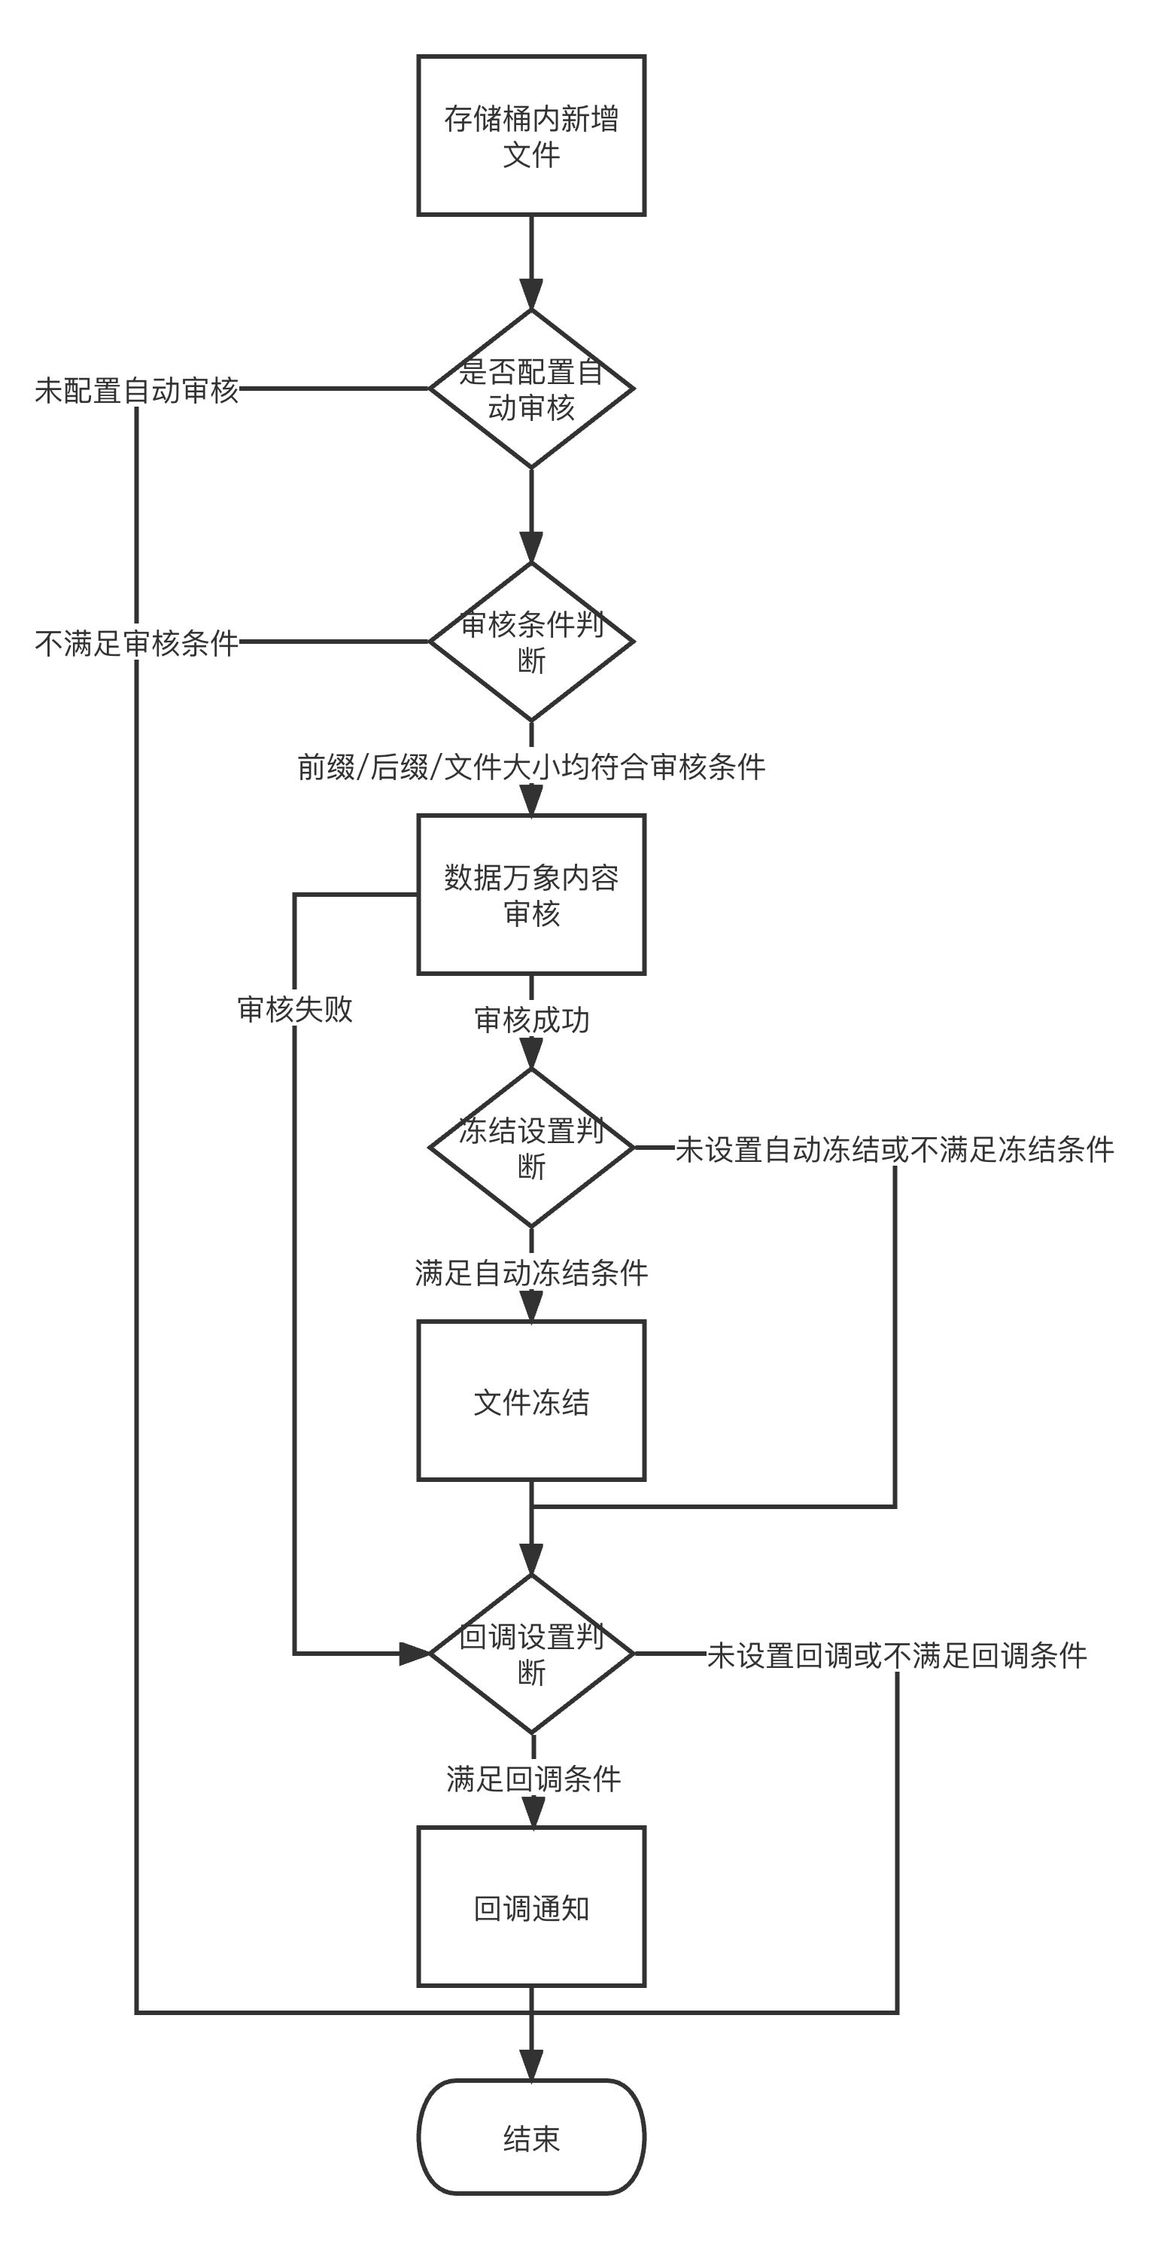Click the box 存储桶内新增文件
tap(530, 136)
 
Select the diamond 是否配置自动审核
tap(530, 389)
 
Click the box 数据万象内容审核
tap(530, 895)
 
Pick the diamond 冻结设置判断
tap(530, 1148)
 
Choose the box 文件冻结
tap(530, 1401)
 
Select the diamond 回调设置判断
tap(530, 1654)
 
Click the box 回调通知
tap(530, 1907)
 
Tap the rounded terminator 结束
tap(530, 2137)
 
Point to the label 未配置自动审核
tap(137, 390)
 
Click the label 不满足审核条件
tap(137, 644)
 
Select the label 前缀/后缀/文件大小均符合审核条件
tap(530, 767)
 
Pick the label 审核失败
tap(295, 1009)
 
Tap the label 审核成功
tap(530, 1020)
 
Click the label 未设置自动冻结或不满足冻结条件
tap(895, 1149)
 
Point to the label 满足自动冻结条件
tap(530, 1273)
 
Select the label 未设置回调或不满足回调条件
tap(897, 1655)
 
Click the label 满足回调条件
tap(533, 1779)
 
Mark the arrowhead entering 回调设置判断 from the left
tap(415, 1654)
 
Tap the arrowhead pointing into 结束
tap(530, 2066)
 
